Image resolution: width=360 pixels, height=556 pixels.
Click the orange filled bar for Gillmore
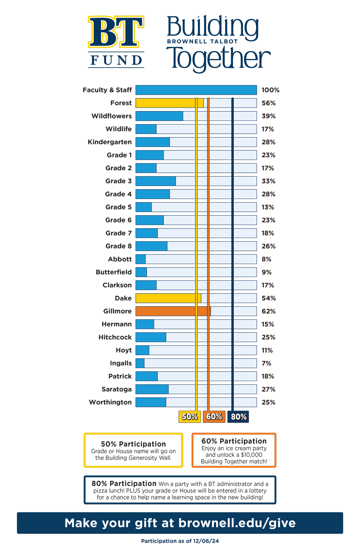[x=173, y=311]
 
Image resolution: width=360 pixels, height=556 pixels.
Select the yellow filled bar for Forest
[x=170, y=103]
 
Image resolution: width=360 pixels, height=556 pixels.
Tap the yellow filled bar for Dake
[x=168, y=298]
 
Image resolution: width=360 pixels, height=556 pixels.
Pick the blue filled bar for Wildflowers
[x=159, y=116]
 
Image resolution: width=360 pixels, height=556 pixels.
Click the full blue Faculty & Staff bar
[x=196, y=90]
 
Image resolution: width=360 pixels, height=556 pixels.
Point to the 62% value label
[x=269, y=311]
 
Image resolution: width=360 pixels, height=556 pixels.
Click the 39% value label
[x=269, y=116]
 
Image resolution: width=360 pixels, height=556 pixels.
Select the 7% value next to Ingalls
[x=266, y=363]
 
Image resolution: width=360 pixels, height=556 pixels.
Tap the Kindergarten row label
[x=110, y=142]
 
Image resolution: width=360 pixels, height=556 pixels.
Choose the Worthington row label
[x=110, y=402]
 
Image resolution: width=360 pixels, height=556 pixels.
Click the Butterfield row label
[x=114, y=272]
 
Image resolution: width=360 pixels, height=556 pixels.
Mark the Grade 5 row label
[x=118, y=207]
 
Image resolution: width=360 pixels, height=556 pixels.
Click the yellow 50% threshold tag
[x=190, y=416]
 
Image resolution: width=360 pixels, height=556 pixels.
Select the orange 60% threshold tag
[x=214, y=416]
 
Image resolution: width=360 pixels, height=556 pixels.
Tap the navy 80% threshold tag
[x=238, y=416]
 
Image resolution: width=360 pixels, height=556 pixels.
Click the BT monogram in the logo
[x=116, y=32]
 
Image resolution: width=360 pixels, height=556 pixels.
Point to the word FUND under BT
[x=116, y=60]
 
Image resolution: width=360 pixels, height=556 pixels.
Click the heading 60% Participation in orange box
[x=234, y=441]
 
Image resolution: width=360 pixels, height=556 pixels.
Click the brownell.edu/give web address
[x=237, y=523]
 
